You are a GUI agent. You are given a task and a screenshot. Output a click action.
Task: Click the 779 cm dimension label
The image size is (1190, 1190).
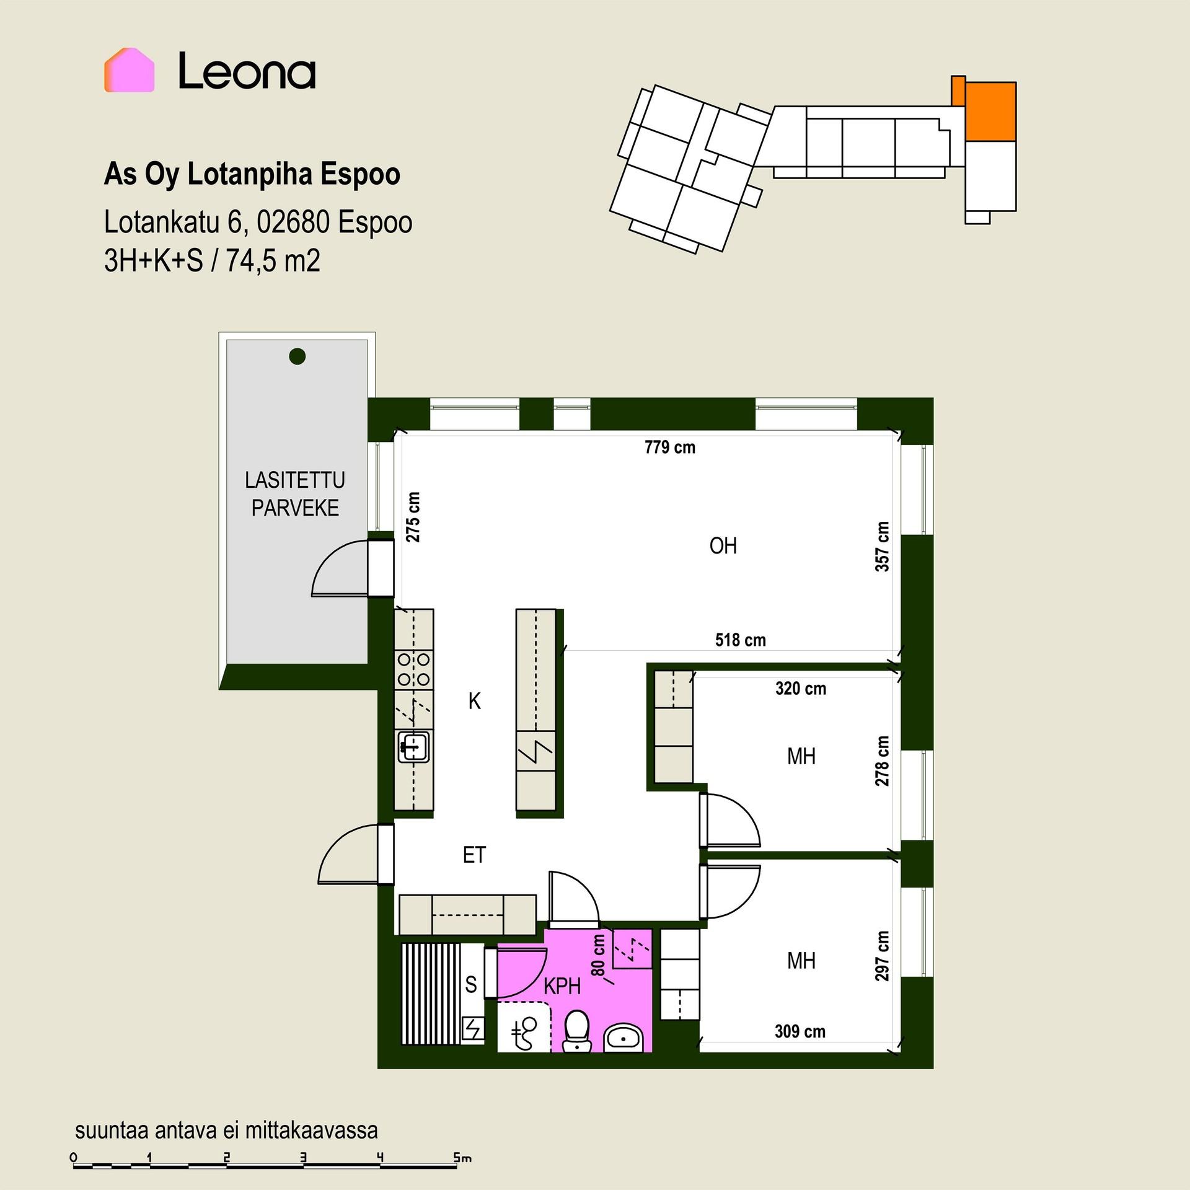point(670,447)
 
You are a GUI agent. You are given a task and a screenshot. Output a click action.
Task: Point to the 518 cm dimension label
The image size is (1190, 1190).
point(740,640)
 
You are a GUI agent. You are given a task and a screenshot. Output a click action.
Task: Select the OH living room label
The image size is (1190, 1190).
point(723,546)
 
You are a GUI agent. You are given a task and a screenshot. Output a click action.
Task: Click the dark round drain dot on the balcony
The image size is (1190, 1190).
point(297,356)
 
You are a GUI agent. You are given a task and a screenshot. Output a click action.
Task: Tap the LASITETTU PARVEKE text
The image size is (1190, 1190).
point(295,494)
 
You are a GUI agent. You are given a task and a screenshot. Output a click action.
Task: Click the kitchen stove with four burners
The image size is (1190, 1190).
point(414,669)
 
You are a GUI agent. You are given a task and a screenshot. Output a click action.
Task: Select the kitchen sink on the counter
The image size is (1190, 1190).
point(414,747)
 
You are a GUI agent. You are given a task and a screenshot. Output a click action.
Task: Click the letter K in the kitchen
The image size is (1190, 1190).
point(475,702)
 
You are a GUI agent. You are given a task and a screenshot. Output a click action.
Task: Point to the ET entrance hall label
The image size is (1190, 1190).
point(474,855)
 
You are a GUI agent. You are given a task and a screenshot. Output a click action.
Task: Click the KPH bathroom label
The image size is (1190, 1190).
point(562,986)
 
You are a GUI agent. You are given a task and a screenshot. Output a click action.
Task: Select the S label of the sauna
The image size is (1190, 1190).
point(471,984)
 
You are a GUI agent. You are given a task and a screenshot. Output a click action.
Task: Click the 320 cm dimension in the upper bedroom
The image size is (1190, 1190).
point(801,688)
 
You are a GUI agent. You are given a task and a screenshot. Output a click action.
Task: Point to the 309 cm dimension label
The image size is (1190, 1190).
point(800,1031)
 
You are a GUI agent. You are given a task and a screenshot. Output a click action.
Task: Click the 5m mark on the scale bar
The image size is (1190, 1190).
point(462,1157)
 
